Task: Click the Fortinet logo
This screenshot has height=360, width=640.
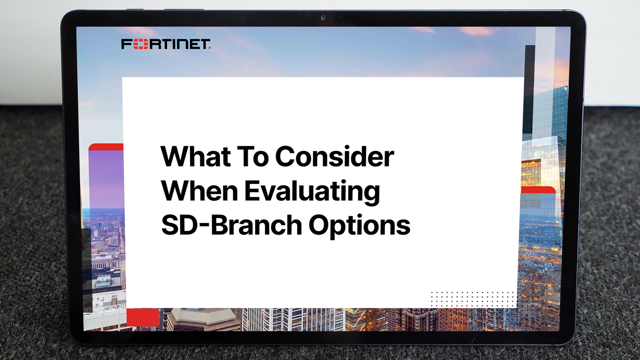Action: coord(166,44)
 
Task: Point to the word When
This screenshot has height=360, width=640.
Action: coord(199,191)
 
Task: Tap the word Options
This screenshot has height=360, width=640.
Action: coord(359,227)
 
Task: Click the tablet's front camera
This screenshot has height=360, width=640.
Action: coord(323,18)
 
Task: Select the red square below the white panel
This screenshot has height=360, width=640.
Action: coord(143,317)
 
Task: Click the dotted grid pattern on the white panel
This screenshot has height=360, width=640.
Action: coord(472,299)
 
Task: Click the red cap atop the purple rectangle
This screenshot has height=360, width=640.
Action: coord(106,147)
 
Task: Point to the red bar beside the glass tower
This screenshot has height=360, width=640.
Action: coord(538,190)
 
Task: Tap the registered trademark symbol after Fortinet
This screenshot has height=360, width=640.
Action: coord(210,48)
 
